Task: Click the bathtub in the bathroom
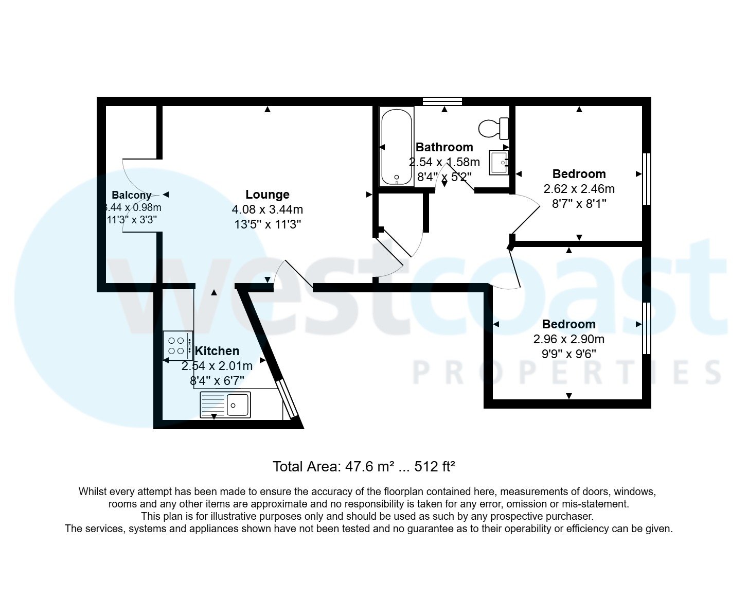tap(397, 146)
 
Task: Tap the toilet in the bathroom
tap(494, 128)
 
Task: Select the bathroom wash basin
tap(498, 162)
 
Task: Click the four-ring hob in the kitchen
tap(178, 345)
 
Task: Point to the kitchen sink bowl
tap(238, 404)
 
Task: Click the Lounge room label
tap(268, 195)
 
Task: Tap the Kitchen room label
tap(217, 351)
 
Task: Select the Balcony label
tap(132, 195)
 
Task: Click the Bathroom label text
tap(444, 147)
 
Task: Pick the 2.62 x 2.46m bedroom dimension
tap(579, 189)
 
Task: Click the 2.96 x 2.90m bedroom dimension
tap(569, 339)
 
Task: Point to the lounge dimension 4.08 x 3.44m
tap(268, 209)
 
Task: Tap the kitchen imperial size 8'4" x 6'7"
tap(217, 381)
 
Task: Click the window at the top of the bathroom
tap(442, 101)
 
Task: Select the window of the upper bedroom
tap(647, 179)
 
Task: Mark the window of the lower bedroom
tap(647, 328)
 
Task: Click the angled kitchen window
tap(287, 400)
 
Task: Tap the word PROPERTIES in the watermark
tap(566, 373)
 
